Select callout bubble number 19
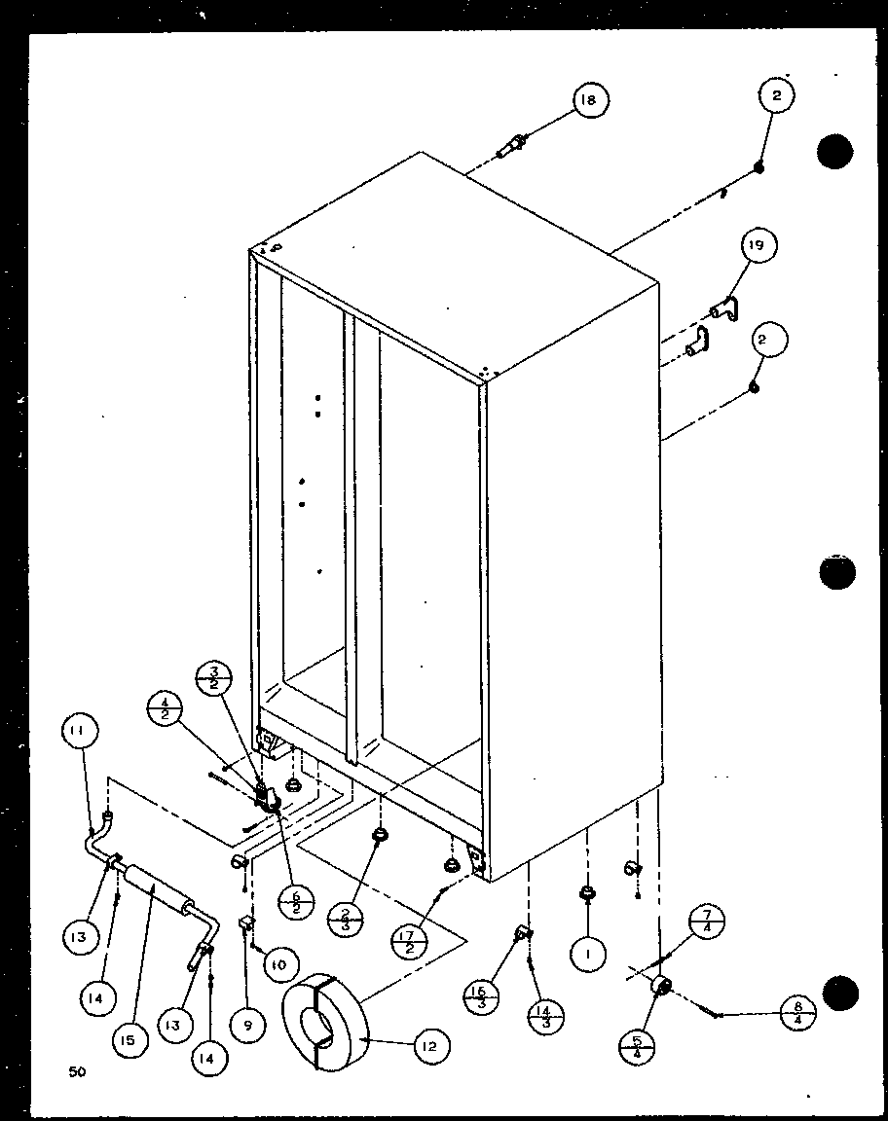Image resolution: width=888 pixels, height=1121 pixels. pos(758,247)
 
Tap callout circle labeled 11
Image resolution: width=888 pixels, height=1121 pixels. pos(83,731)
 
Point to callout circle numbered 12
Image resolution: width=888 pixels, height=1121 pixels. pos(431,1046)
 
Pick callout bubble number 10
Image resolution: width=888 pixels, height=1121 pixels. pos(278,963)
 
